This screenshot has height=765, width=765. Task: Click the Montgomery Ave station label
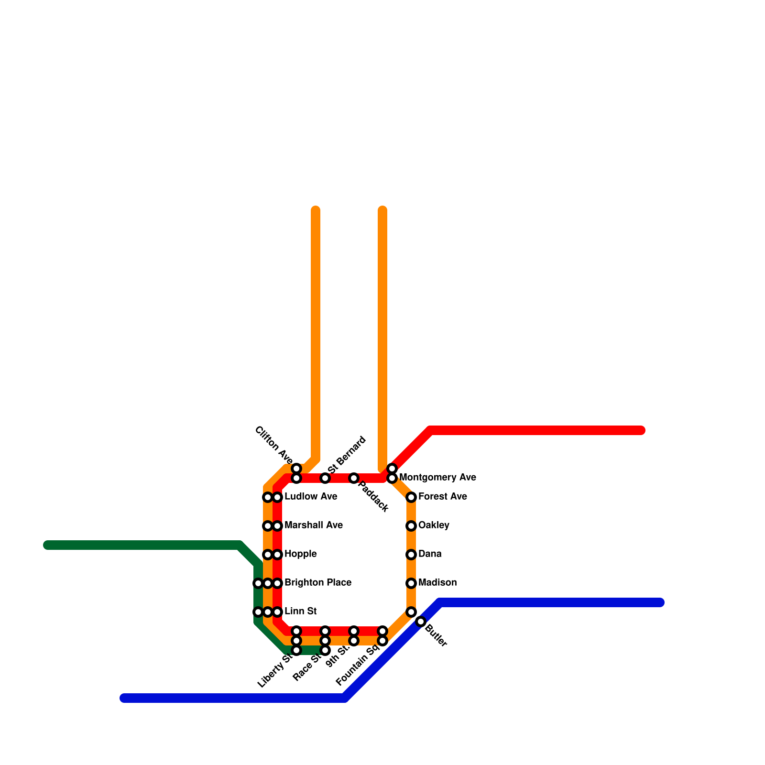[437, 477]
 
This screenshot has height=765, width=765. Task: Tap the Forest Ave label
[442, 496]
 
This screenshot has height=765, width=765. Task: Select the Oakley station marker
[411, 526]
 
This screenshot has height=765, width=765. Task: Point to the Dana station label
[430, 554]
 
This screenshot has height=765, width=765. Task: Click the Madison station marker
[411, 583]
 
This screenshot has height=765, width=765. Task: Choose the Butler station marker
[421, 622]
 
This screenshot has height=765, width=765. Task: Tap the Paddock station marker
[354, 478]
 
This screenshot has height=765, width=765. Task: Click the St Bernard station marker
[325, 478]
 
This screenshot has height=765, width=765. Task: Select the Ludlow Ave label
[311, 496]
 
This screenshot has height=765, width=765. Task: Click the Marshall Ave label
[314, 525]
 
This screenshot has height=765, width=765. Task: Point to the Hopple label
[301, 554]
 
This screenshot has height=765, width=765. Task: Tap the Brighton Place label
[318, 582]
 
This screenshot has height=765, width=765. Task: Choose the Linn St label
[301, 611]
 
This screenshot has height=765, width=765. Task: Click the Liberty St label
[274, 671]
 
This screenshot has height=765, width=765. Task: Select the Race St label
[306, 667]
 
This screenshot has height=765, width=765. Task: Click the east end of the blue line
[661, 602]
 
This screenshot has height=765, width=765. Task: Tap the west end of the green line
[47, 545]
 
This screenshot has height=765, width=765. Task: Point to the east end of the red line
[642, 430]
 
